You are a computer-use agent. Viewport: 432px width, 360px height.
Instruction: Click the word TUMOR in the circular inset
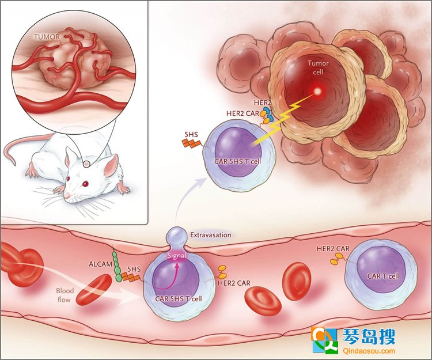coord(47,37)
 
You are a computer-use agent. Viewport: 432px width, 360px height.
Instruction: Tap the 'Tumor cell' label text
coord(318,67)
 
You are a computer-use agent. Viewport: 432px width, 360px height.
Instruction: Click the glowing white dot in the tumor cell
coord(317,91)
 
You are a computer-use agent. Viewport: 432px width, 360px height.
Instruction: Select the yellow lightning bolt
coord(285,120)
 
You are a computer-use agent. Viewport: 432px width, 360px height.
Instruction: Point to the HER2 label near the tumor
coord(263,103)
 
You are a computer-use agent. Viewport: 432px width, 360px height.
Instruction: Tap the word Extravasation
coord(211,235)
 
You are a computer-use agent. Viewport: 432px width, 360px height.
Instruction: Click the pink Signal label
coord(177,255)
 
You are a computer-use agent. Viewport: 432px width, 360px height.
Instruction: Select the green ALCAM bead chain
coord(117,266)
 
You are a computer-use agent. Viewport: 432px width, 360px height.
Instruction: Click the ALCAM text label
coord(100,264)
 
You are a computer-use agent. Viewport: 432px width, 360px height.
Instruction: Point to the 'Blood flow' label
coord(65,295)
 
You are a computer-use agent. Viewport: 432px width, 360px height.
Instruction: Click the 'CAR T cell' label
coord(383,276)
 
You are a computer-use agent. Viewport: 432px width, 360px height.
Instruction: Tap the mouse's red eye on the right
coord(86,183)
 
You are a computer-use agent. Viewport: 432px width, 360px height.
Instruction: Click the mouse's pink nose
coord(67,196)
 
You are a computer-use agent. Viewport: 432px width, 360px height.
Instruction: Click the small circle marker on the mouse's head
coord(86,164)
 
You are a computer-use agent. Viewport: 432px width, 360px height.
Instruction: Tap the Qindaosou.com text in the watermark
coord(369,351)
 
